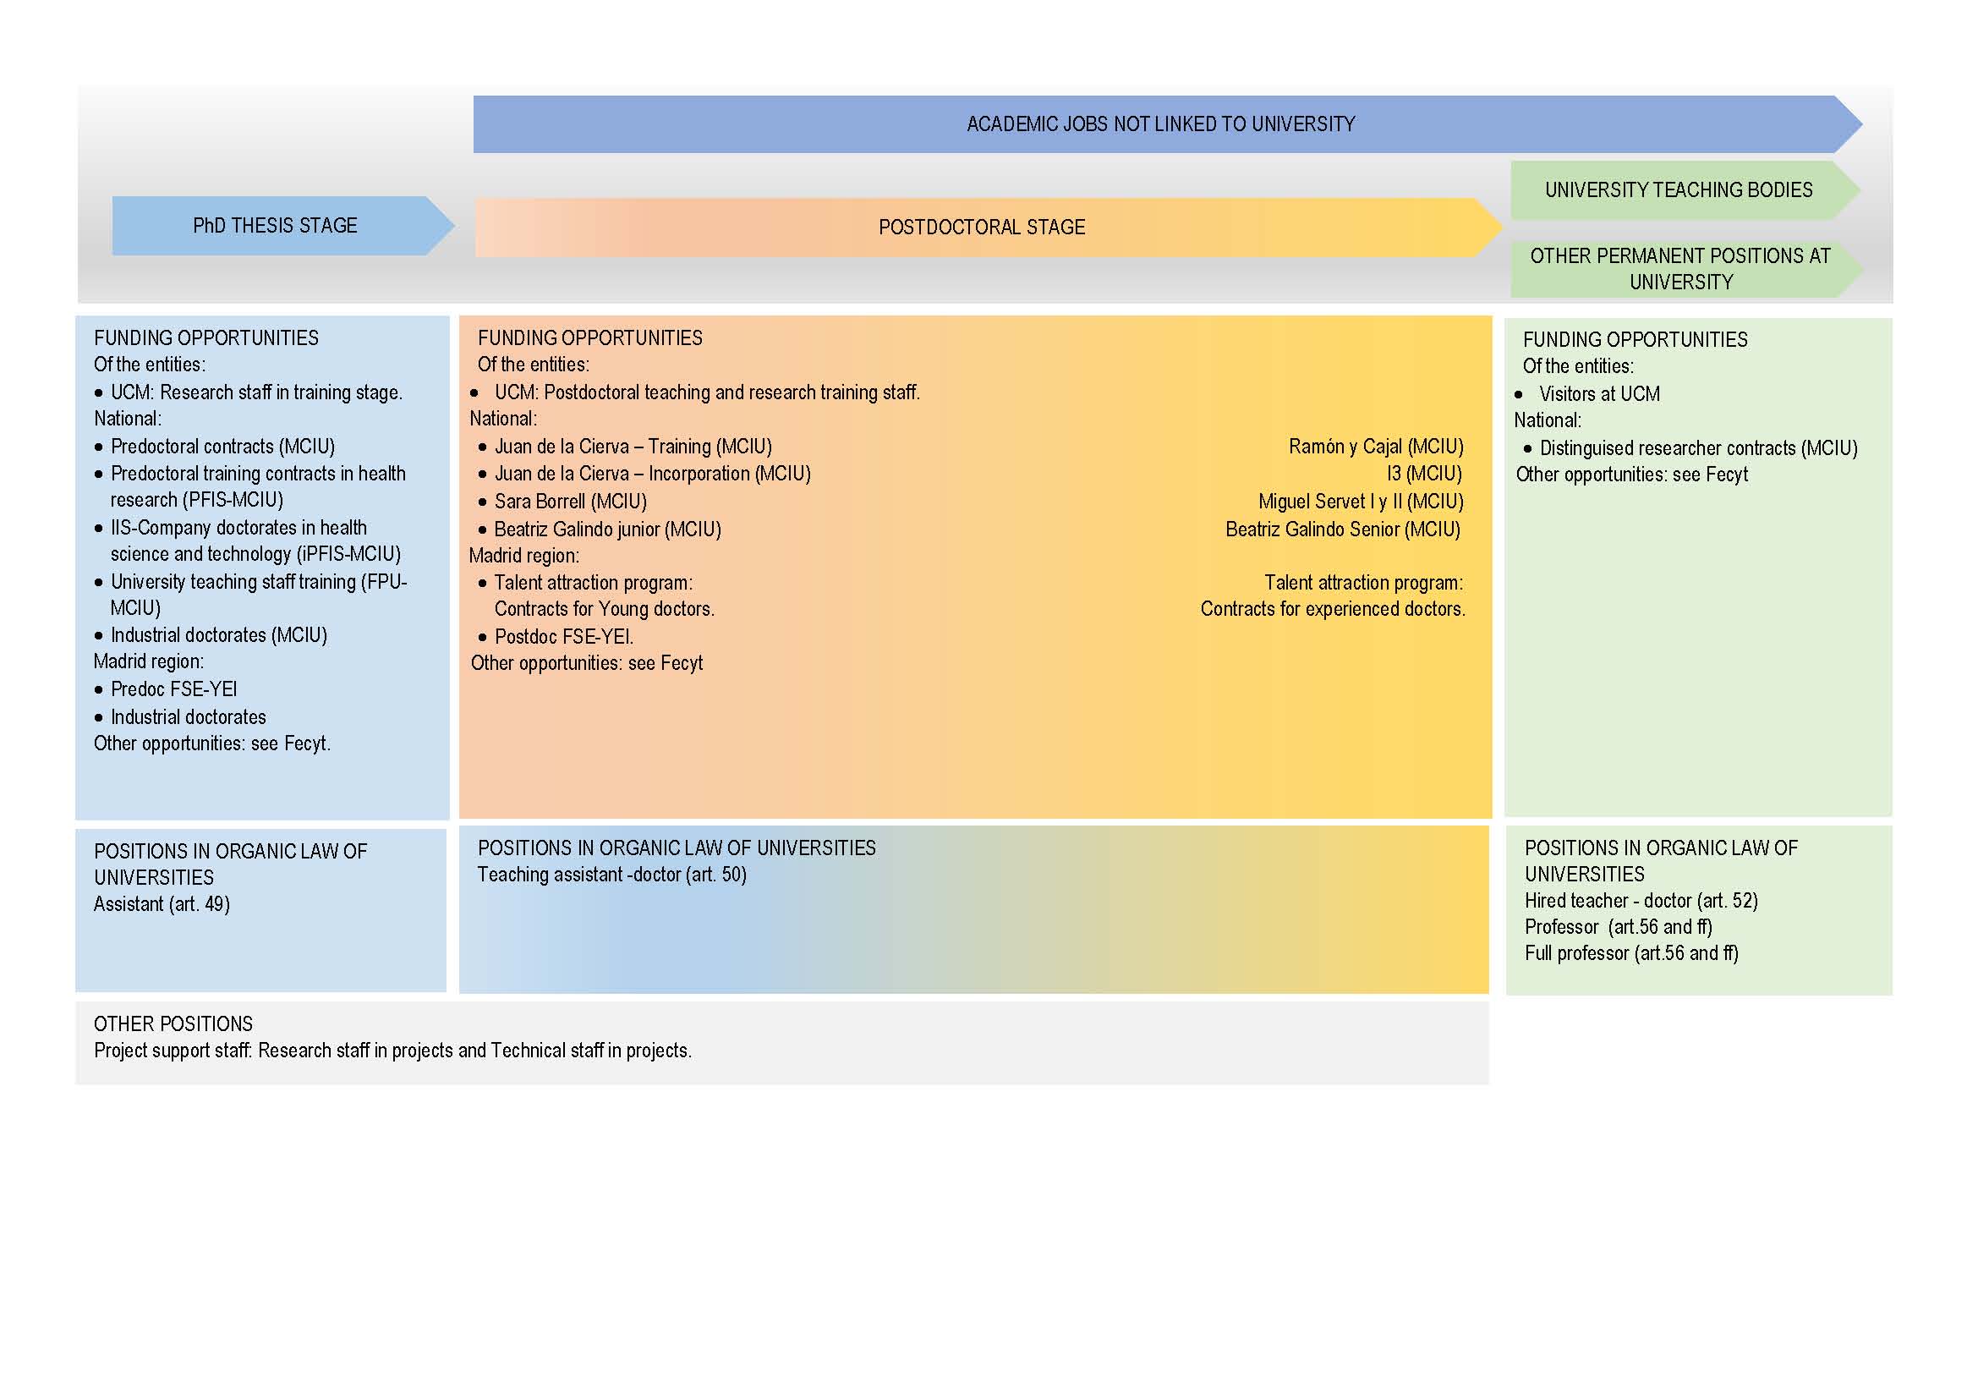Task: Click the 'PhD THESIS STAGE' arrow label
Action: click(x=275, y=226)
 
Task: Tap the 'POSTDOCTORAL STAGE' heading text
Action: click(x=981, y=228)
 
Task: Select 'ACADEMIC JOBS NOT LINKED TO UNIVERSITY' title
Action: click(x=1159, y=124)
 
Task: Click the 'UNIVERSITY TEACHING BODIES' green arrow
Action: click(x=1678, y=189)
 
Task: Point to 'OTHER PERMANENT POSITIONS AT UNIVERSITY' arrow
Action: click(x=1680, y=269)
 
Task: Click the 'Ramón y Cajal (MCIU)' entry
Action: click(x=1376, y=447)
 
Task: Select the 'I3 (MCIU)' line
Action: click(x=1423, y=474)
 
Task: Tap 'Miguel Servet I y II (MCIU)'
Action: click(x=1361, y=502)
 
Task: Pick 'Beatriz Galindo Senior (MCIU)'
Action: click(x=1342, y=529)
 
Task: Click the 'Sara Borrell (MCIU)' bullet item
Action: click(x=569, y=502)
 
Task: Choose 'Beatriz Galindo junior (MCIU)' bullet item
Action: click(x=607, y=529)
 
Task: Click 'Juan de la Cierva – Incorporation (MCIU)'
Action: click(x=652, y=474)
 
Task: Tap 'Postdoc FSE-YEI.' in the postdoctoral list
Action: click(x=563, y=637)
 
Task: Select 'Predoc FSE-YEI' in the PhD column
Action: click(x=173, y=689)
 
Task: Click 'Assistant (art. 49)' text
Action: click(x=162, y=903)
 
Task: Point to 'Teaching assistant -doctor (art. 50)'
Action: click(x=611, y=875)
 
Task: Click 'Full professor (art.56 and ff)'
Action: click(x=1630, y=952)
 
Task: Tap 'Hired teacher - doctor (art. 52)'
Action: click(x=1641, y=900)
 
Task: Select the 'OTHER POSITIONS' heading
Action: click(x=173, y=1023)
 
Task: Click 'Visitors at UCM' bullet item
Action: click(x=1599, y=393)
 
